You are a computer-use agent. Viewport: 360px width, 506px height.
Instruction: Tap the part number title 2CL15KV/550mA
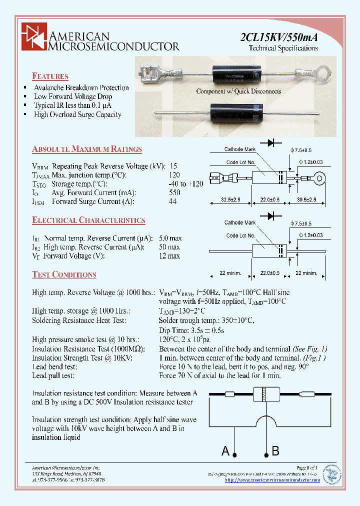[x=279, y=37]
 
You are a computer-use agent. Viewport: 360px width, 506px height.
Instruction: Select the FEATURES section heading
[x=50, y=76]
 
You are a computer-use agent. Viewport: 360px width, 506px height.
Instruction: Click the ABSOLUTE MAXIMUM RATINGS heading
[x=87, y=149]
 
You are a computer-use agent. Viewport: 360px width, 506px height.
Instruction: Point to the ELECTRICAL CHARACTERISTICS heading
[x=88, y=220]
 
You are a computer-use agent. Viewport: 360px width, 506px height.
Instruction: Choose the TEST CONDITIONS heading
[x=64, y=274]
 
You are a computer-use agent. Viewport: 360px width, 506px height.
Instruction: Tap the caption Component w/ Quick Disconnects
[x=238, y=91]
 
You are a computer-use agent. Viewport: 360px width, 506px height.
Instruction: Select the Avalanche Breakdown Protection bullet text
[x=81, y=87]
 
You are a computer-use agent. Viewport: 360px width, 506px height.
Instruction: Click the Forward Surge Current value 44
[x=173, y=201]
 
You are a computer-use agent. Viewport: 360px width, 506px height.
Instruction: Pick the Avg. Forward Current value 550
[x=174, y=192]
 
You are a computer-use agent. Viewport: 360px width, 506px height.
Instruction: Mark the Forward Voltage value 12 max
[x=169, y=256]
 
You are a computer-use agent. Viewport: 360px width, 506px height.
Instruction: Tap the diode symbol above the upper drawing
[x=272, y=143]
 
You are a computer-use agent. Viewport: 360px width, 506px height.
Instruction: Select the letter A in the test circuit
[x=225, y=451]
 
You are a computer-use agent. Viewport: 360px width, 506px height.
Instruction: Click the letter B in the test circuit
[x=275, y=451]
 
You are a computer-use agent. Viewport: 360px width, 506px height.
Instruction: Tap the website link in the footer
[x=272, y=480]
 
